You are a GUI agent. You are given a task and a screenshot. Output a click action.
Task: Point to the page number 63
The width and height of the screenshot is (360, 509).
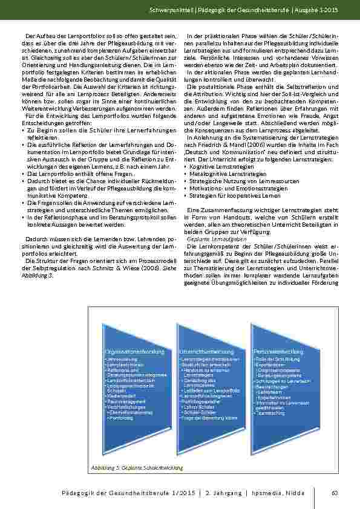(x=334, y=493)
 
